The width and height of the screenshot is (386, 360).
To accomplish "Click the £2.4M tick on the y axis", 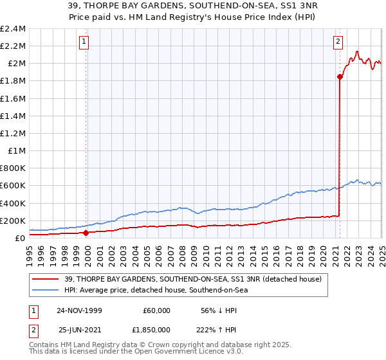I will pos(14,29).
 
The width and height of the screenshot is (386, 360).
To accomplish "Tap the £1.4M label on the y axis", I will pos(14,116).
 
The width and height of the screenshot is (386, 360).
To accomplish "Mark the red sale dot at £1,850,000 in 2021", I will pos(339,76).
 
